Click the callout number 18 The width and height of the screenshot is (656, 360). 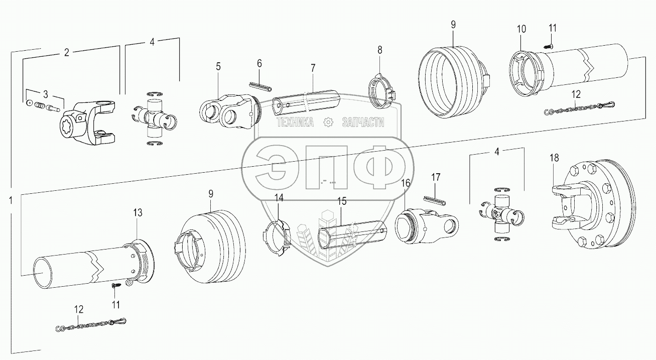pyautogui.click(x=554, y=158)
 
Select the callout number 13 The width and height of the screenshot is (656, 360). pyautogui.click(x=138, y=213)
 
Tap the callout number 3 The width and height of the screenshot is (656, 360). pyautogui.click(x=45, y=94)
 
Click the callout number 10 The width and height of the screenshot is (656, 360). pyautogui.click(x=521, y=29)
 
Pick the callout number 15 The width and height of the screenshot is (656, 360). pyautogui.click(x=342, y=201)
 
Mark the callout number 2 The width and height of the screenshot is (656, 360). pyautogui.click(x=66, y=52)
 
